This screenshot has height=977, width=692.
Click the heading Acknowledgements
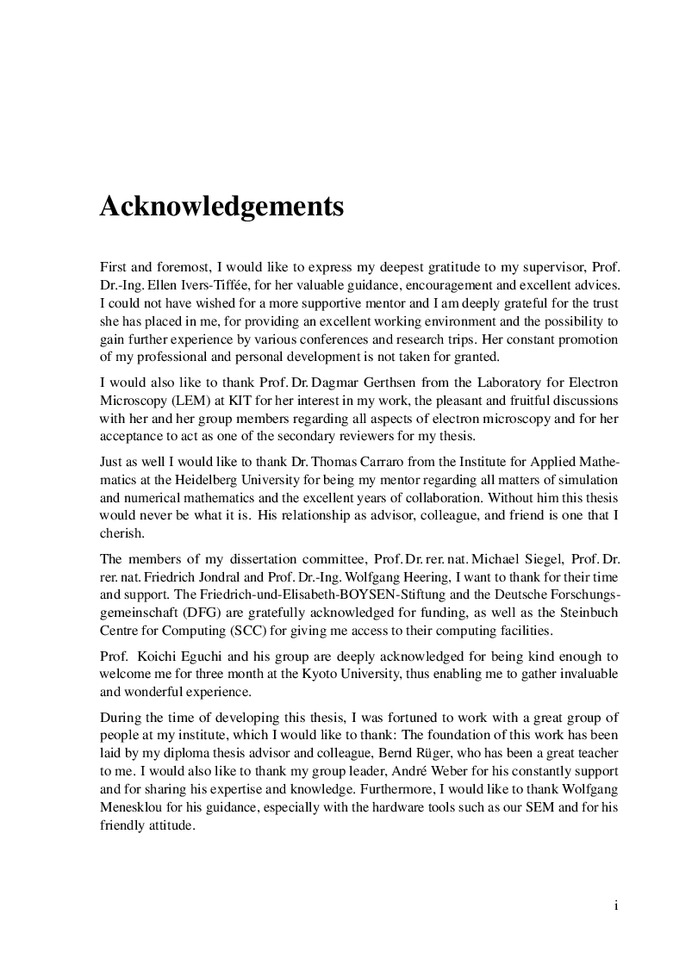tap(221, 207)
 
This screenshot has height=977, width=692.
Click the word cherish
tap(121, 535)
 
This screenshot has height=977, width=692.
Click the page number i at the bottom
tap(615, 905)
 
